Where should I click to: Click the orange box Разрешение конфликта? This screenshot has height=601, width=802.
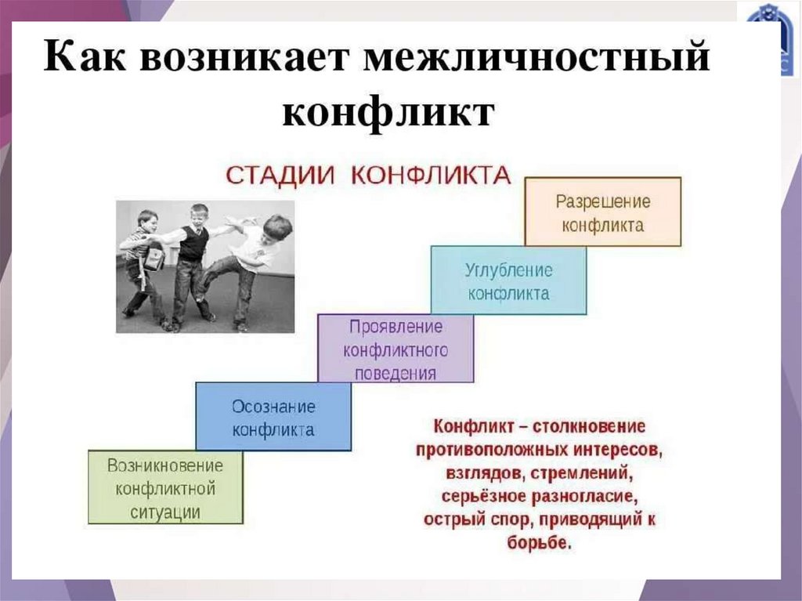[x=602, y=212]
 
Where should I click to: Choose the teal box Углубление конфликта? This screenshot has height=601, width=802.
[x=508, y=281]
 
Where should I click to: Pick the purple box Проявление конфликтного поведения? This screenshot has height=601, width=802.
[x=396, y=348]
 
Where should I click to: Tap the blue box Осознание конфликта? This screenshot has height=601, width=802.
[x=273, y=417]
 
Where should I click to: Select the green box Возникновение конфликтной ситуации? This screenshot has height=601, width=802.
[x=165, y=487]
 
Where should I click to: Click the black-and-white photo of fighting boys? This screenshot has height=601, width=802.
[x=205, y=266]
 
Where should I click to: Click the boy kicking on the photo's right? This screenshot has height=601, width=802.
[x=255, y=259]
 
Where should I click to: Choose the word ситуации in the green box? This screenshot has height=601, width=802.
[x=165, y=512]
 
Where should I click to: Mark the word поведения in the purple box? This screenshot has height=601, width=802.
[x=396, y=372]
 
